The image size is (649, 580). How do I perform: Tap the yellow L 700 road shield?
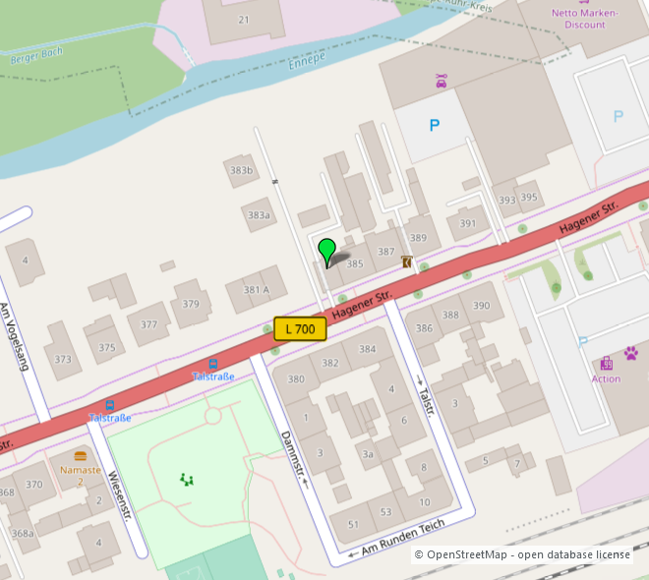[300, 329]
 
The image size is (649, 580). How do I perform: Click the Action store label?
[606, 378]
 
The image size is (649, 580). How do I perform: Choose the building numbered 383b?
[241, 170]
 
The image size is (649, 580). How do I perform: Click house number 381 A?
[257, 290]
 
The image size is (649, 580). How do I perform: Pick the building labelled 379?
[191, 303]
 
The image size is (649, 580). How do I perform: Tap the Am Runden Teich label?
[403, 536]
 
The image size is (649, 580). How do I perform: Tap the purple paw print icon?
[630, 352]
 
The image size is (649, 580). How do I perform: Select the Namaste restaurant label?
[81, 470]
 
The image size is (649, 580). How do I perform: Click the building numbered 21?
[244, 20]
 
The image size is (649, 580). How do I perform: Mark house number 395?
[529, 198]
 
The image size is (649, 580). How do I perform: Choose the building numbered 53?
[385, 512]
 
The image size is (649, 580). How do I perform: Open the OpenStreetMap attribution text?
[521, 554]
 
